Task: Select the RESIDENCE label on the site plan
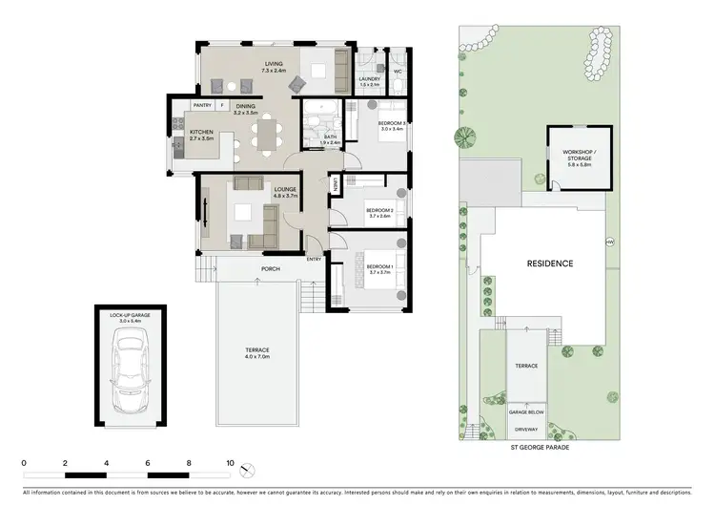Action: (551, 263)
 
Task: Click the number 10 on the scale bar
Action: (230, 462)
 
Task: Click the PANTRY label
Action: (202, 105)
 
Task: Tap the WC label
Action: (398, 71)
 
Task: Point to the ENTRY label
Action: (314, 259)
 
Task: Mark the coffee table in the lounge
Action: (244, 212)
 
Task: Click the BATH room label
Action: (331, 137)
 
